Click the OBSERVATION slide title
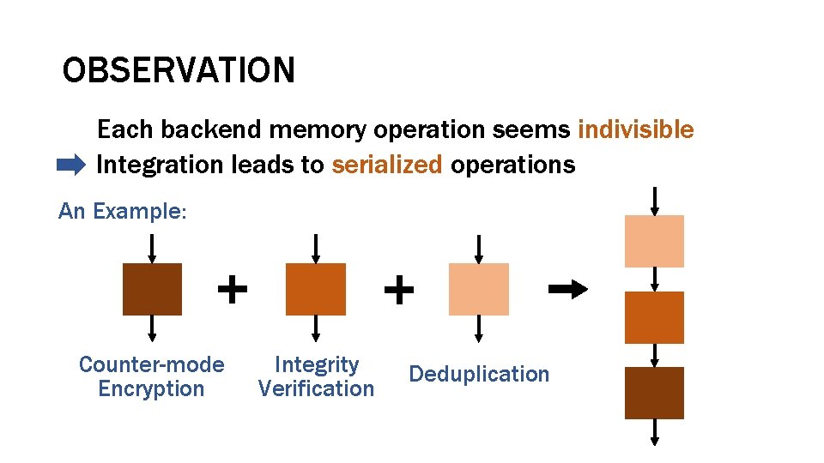pos(179,70)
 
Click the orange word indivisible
pos(635,130)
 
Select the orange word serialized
pos(386,165)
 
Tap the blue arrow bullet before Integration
pos(70,164)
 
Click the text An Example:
pos(122,211)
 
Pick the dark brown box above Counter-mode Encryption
pos(153,290)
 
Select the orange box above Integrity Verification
pos(316,290)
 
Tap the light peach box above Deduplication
pos(479,290)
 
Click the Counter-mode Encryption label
pos(151,377)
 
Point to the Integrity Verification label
pos(316,377)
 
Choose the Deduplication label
pos(479,375)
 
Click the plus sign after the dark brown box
pos(232,289)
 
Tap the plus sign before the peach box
pos(398,290)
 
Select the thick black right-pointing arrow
pos(567,289)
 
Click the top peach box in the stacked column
pos(654,241)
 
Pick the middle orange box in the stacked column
pos(654,317)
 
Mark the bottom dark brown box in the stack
pos(654,393)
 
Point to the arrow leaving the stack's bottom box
pos(655,432)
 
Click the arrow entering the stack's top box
pos(655,201)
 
